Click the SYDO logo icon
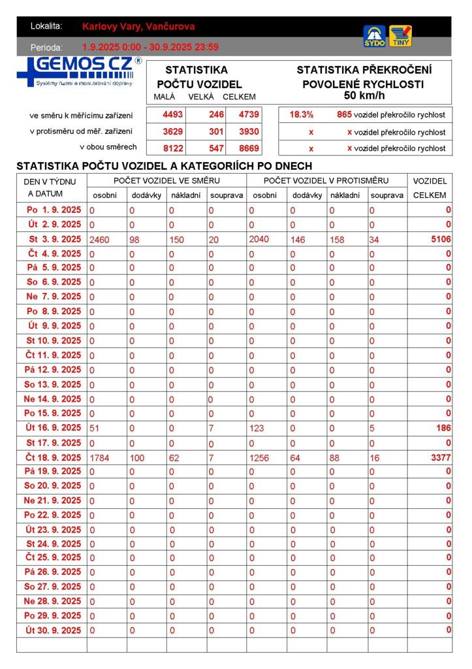(374, 36)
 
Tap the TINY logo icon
(400, 36)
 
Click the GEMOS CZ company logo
(79, 72)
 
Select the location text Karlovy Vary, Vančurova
(138, 27)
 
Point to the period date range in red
(150, 47)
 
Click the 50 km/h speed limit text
(364, 95)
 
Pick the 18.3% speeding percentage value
(301, 114)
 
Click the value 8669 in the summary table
(249, 148)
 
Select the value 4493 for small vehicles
(172, 114)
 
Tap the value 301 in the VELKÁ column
(216, 131)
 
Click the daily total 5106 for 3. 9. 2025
(441, 239)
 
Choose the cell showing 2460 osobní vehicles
(99, 240)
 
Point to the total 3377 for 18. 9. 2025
(441, 457)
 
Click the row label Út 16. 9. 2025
(54, 428)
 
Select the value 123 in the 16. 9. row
(259, 428)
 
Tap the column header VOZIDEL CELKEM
(430, 188)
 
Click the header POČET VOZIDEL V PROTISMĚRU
(326, 180)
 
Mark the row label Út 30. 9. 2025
(54, 630)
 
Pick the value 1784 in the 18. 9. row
(99, 458)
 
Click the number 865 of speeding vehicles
(344, 114)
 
